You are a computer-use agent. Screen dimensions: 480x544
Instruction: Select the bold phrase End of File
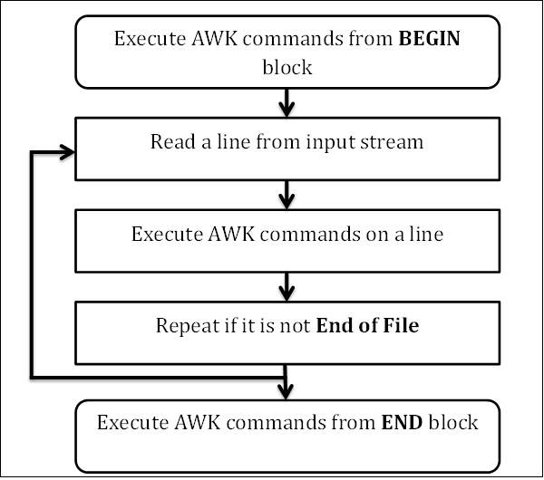367,326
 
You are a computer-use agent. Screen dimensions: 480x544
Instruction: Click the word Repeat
184,326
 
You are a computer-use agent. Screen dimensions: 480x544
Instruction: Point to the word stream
395,142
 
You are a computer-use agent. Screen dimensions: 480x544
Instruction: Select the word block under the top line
287,67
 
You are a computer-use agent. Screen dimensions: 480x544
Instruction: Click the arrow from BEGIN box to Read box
287,102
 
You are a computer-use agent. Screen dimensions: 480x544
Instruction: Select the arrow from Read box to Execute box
287,193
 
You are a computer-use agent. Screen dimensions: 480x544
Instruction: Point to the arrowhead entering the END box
287,389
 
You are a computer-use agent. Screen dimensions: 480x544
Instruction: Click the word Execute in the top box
145,40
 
